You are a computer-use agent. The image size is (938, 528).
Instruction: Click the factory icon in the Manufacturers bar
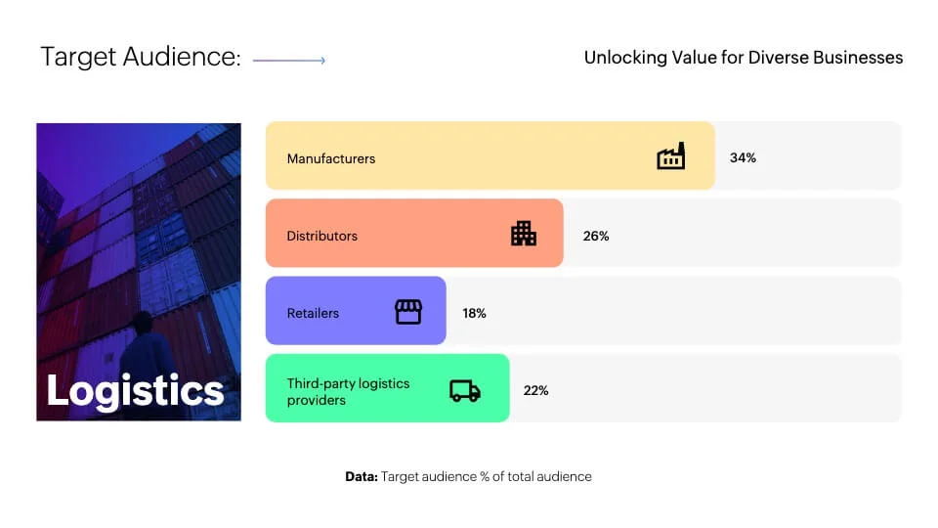coord(670,156)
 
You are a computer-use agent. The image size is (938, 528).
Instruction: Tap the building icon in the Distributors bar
coord(524,234)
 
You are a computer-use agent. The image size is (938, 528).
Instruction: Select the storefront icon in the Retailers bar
coord(408,312)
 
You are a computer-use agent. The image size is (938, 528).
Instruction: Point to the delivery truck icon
coord(465,391)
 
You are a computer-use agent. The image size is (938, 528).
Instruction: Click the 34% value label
coord(743,157)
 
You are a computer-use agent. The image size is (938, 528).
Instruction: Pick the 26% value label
coord(596,236)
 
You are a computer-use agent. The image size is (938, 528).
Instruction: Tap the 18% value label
coord(474,313)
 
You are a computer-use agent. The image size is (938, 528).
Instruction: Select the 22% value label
coord(535,390)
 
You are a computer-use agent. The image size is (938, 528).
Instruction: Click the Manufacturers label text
coord(331,158)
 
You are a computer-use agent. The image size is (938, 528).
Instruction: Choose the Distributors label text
coord(321,236)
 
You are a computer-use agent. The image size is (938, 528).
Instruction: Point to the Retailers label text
coord(313,313)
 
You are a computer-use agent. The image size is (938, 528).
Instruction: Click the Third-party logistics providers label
coord(348,391)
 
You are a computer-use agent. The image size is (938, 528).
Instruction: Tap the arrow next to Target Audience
coord(289,60)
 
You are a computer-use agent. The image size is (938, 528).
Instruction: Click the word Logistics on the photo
coord(135,391)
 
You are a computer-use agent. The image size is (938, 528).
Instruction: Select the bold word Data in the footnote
coord(362,476)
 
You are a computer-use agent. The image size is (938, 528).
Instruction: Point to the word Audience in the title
coord(182,57)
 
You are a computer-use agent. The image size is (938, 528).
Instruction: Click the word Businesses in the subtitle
coord(858,58)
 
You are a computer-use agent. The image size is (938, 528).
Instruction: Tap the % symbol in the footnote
coord(485,476)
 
